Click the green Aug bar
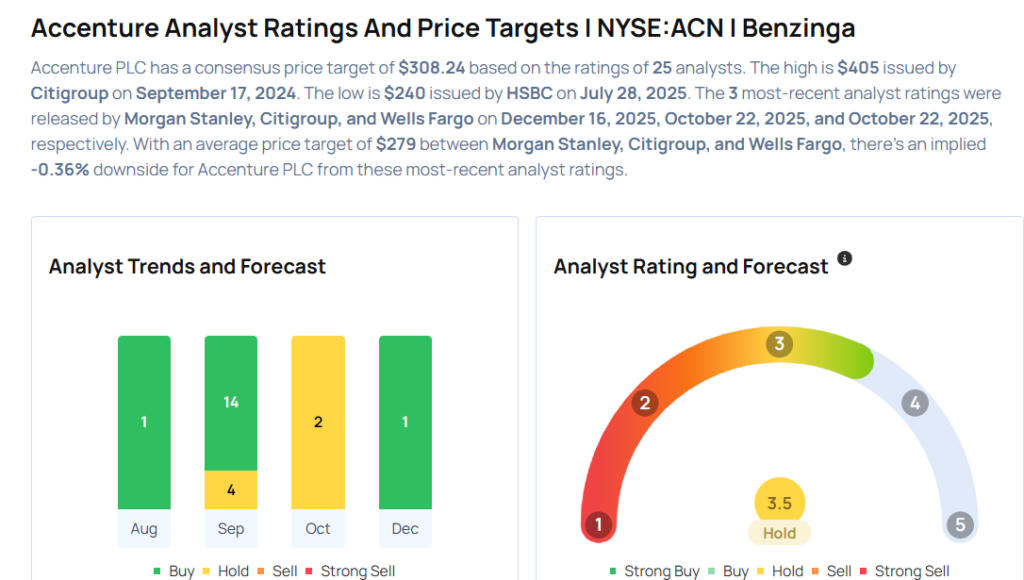[144, 422]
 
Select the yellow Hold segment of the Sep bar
[231, 490]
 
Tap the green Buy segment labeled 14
[231, 402]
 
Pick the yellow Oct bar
[318, 422]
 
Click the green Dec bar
[405, 422]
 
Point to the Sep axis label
[231, 529]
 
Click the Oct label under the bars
[318, 529]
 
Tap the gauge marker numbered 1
[598, 525]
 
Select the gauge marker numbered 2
[645, 403]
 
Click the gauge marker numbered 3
[778, 345]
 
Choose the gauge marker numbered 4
[914, 403]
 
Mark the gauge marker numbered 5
[960, 525]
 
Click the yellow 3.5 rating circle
[779, 503]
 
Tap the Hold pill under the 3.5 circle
[779, 533]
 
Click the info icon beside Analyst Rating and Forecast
[844, 259]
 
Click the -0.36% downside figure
[60, 169]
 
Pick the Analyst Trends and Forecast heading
[187, 267]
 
